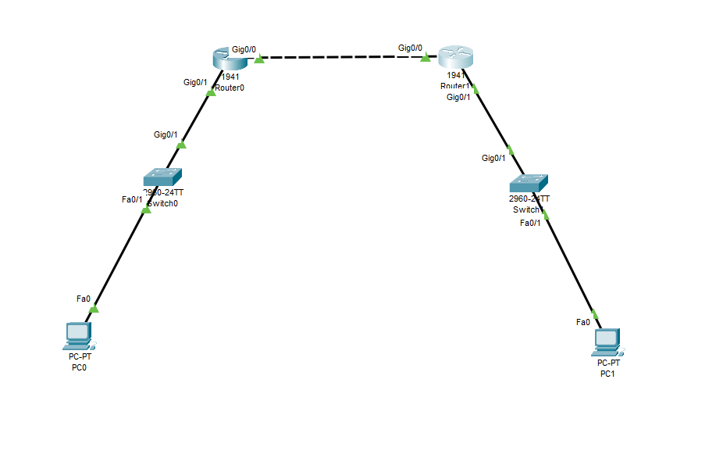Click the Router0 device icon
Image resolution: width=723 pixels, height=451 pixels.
[x=227, y=57]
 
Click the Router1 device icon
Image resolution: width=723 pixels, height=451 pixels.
[x=456, y=57]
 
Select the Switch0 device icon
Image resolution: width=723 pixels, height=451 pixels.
[x=162, y=177]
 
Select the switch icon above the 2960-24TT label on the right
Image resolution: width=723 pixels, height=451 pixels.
[x=528, y=184]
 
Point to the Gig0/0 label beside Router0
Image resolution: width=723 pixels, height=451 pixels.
[x=244, y=48]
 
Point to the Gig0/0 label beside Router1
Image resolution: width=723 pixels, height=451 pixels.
[x=410, y=48]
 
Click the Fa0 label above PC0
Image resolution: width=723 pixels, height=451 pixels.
[x=84, y=299]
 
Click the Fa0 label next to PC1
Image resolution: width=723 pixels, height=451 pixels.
[x=583, y=322]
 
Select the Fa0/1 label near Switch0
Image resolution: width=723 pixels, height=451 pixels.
[x=133, y=199]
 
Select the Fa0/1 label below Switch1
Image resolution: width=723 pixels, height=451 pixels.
[x=531, y=223]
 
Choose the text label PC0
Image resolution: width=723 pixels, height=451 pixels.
[x=79, y=367]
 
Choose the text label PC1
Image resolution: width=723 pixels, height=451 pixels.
[x=607, y=374]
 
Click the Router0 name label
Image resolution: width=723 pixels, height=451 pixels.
[x=230, y=88]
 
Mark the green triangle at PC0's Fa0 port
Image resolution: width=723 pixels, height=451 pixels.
[x=94, y=308]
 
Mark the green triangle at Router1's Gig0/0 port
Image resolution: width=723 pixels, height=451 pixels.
[x=426, y=56]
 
